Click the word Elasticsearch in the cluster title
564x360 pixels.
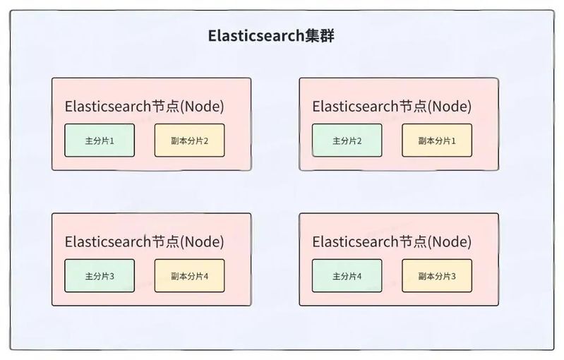[256, 35]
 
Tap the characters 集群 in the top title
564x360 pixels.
[320, 35]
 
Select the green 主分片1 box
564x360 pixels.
[100, 140]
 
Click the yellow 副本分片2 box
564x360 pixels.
[190, 140]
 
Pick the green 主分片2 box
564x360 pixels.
[347, 140]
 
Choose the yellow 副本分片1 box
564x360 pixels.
[437, 140]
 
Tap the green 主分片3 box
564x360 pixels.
[100, 276]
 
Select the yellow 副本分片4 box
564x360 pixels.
[190, 276]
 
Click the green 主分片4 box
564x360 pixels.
[347, 276]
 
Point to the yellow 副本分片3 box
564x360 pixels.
[437, 276]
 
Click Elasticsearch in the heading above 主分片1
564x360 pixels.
[108, 107]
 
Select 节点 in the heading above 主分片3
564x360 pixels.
[166, 241]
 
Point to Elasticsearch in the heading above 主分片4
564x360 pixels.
[355, 241]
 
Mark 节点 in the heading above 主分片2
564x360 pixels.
[413, 107]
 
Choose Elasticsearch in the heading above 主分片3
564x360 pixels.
[108, 241]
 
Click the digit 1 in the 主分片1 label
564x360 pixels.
[112, 140]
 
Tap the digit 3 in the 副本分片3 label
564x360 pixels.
[453, 276]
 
